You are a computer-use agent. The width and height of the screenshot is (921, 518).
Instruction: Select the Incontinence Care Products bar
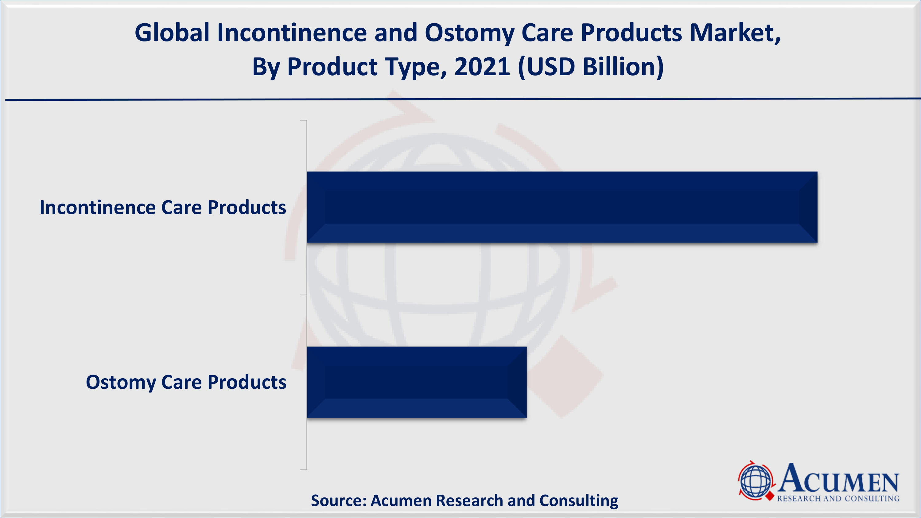[562, 207]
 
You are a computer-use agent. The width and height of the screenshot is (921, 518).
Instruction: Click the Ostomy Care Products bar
[417, 382]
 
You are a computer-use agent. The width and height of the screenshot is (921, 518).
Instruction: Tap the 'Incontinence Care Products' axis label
[163, 207]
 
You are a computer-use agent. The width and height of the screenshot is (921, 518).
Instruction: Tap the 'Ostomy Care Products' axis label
[186, 382]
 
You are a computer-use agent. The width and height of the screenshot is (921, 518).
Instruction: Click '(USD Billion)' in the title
[591, 67]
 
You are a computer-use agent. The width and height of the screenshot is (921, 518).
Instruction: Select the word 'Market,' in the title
[735, 33]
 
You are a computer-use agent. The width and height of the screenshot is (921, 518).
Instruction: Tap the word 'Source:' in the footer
[339, 500]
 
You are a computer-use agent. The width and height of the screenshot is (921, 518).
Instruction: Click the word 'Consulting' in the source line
[579, 500]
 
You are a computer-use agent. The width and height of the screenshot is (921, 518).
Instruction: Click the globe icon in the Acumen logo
[756, 481]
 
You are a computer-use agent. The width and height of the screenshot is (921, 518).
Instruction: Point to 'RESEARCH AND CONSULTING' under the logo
[838, 498]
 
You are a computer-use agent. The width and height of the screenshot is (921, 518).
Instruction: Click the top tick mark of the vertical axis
[303, 120]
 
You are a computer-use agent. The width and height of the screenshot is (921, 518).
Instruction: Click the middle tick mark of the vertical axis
[303, 295]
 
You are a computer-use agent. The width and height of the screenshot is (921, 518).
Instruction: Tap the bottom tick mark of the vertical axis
[303, 469]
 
